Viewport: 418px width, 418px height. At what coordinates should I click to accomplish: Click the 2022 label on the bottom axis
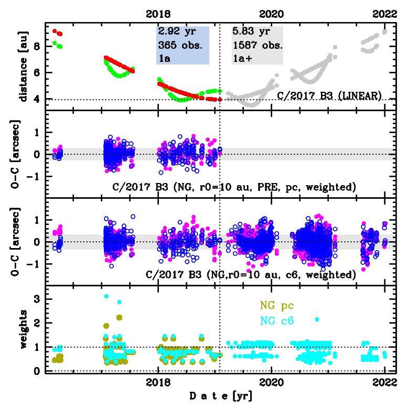[x=385, y=382]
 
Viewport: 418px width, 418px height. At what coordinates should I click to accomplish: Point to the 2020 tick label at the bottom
[x=272, y=382]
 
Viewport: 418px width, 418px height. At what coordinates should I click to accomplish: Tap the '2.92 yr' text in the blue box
[x=176, y=31]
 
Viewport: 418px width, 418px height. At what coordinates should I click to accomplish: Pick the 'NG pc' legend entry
[x=276, y=306]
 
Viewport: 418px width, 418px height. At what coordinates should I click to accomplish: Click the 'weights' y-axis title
[x=23, y=329]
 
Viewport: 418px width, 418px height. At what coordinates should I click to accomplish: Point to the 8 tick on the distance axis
[x=35, y=46]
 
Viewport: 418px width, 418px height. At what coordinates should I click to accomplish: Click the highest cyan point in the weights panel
[x=106, y=296]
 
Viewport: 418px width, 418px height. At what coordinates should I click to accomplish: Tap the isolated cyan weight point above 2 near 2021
[x=317, y=319]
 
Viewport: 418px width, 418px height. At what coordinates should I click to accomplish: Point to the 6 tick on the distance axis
[x=35, y=72]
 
